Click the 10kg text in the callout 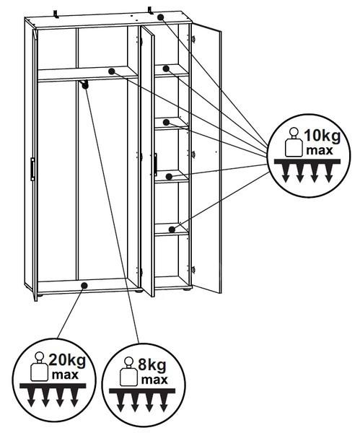pos(322,136)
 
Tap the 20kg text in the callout pos(67,360)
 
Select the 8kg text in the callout pos(152,365)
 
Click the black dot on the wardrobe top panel pos(161,17)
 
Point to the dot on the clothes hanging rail pos(85,86)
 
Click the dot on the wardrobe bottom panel pos(84,286)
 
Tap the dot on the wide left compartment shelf pos(112,71)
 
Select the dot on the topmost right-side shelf pos(166,69)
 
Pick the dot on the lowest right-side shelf pos(172,229)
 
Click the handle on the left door pos(32,169)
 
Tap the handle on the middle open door pos(155,165)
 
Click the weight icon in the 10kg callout pos(294,142)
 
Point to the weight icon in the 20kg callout pos(39,367)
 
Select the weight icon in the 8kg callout pos(128,372)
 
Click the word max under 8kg pos(154,380)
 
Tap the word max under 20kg pos(65,375)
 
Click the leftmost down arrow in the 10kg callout pos(286,173)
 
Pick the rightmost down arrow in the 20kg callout pos(74,398)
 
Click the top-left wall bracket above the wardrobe pos(56,14)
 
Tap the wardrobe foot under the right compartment pos(187,289)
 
